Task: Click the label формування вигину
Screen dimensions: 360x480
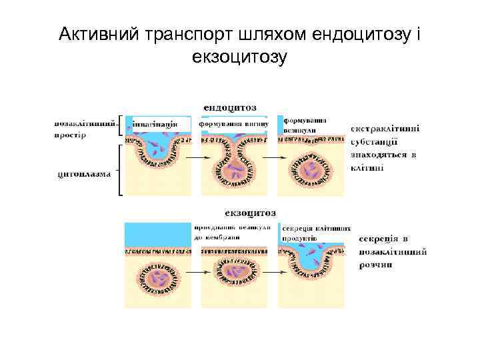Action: coord(233,125)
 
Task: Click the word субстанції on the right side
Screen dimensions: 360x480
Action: coord(375,141)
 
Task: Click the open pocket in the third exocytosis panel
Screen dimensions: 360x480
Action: coord(311,263)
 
